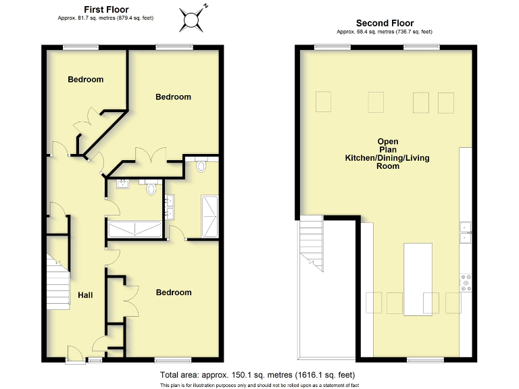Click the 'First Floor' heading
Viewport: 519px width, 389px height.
[x=106, y=9]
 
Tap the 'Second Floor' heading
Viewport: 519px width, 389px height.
[x=385, y=23]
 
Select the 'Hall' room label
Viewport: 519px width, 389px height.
[x=85, y=295]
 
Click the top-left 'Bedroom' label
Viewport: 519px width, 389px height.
[x=86, y=80]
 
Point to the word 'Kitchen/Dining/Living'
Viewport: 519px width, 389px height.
[x=387, y=158]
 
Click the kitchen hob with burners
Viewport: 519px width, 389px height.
[x=465, y=282]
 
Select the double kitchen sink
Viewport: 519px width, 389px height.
[x=465, y=231]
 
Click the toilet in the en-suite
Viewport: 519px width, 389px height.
[x=200, y=165]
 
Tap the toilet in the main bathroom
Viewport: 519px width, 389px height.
[x=151, y=188]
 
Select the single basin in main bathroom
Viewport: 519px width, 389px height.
[x=124, y=184]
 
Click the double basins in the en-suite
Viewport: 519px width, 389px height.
[x=169, y=207]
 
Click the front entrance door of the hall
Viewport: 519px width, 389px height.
[x=74, y=354]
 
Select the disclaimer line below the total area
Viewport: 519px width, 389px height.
[x=259, y=385]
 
